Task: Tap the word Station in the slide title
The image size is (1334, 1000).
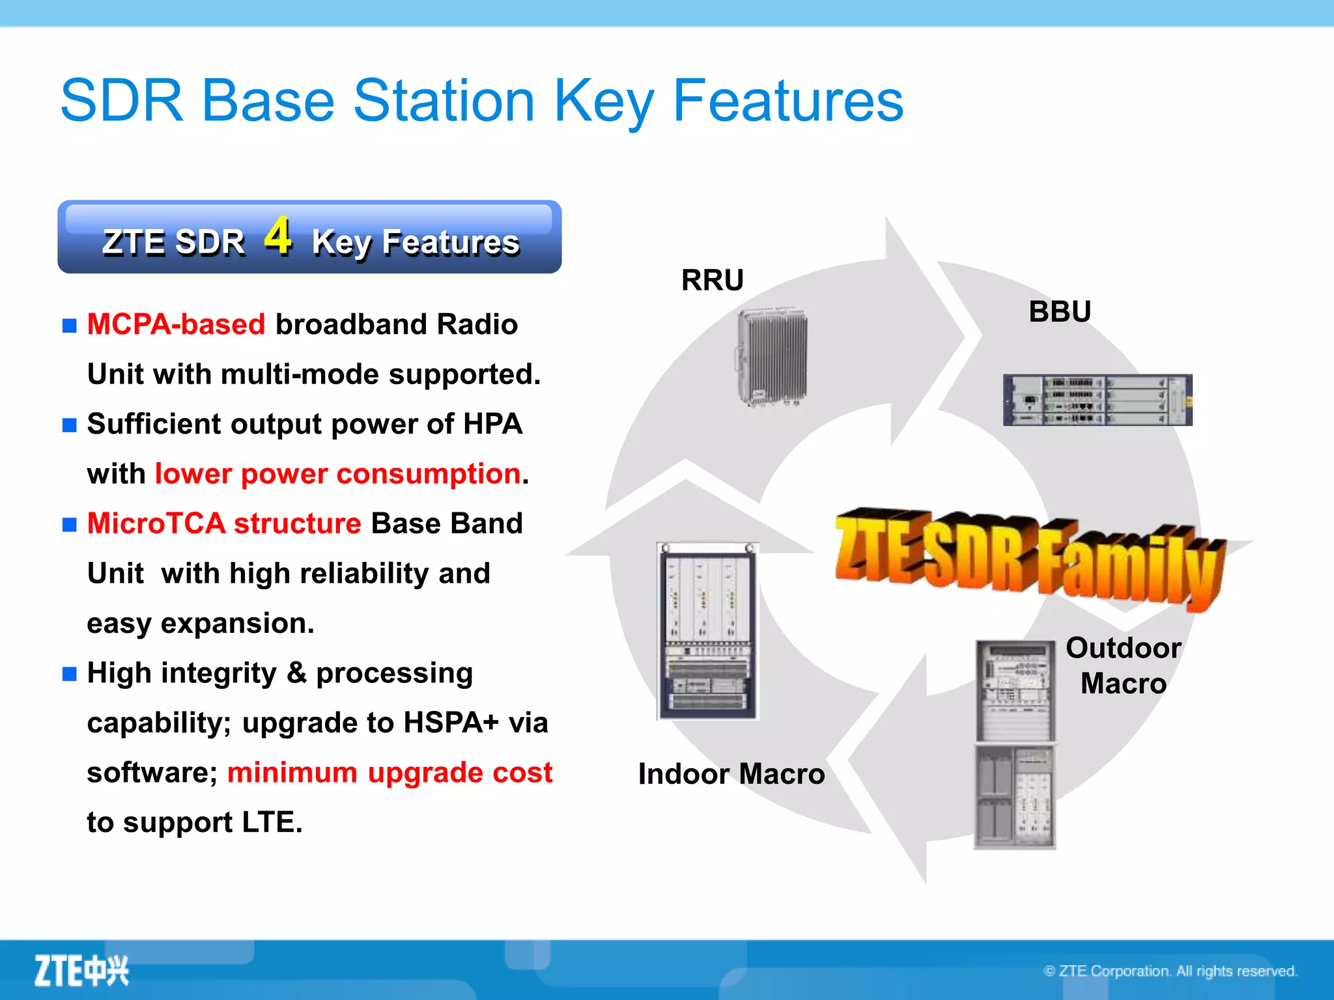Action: pyautogui.click(x=444, y=101)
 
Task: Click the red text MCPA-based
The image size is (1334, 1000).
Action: pyautogui.click(x=176, y=324)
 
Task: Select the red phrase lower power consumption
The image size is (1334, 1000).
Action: pyautogui.click(x=337, y=473)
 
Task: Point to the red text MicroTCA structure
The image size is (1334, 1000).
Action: pyautogui.click(x=224, y=523)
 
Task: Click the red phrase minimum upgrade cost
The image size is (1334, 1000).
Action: pyautogui.click(x=390, y=773)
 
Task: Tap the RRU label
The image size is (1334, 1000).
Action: pyautogui.click(x=712, y=281)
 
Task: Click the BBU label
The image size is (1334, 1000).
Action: pyautogui.click(x=1060, y=311)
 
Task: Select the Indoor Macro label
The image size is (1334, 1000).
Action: pyautogui.click(x=731, y=774)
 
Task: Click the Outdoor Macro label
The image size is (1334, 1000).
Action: pyautogui.click(x=1123, y=665)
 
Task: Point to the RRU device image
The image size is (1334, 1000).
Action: pyautogui.click(x=773, y=357)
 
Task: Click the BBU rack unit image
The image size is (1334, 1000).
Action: pyautogui.click(x=1098, y=400)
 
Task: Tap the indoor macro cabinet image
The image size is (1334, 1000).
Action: pyautogui.click(x=707, y=630)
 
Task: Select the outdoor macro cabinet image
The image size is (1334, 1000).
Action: pyautogui.click(x=1014, y=744)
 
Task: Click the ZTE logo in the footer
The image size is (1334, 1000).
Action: pyautogui.click(x=81, y=971)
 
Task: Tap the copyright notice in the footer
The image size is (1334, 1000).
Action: pyautogui.click(x=1170, y=971)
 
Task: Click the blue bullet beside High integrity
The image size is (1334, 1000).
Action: pyautogui.click(x=70, y=673)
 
